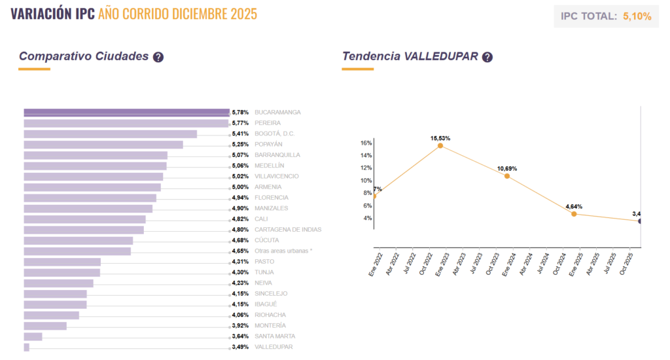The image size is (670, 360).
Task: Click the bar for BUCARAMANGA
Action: point(126,113)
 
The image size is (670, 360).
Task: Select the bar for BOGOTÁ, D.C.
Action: point(110,134)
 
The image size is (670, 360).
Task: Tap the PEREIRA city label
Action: point(268,123)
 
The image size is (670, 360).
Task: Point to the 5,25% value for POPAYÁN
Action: point(240,145)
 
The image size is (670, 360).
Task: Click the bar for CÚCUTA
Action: point(79,241)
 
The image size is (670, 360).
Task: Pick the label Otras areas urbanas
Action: point(283,251)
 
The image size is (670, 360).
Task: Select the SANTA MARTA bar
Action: point(33,336)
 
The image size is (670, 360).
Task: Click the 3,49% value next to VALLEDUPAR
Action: point(240,347)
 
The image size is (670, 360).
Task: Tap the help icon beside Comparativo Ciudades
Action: point(158,57)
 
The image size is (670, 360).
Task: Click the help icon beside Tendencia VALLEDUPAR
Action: point(487,57)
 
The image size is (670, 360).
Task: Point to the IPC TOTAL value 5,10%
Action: point(637,16)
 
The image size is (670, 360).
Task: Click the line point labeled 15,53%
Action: point(440,146)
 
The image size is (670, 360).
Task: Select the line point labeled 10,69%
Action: point(506,176)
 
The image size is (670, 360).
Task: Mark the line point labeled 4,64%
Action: point(574,214)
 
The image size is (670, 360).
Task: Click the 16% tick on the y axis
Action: point(366,143)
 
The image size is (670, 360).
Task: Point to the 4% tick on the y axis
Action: point(368,219)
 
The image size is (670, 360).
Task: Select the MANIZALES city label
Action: point(271,208)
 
